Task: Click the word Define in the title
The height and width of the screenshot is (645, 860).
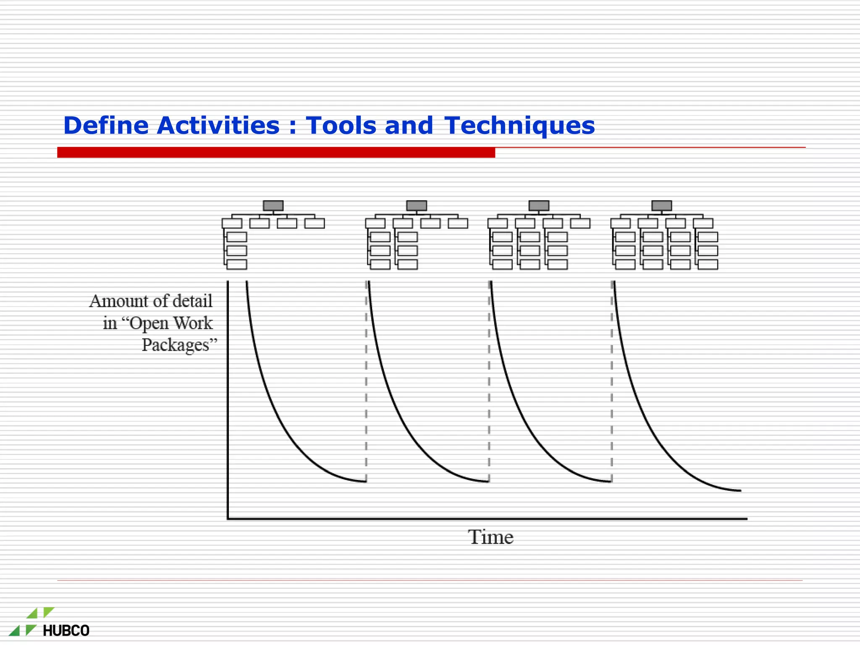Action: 106,126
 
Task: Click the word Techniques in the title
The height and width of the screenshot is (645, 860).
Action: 519,126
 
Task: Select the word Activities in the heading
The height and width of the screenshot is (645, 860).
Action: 218,126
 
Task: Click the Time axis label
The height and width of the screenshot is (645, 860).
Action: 490,537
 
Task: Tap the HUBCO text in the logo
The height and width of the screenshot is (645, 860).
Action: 66,631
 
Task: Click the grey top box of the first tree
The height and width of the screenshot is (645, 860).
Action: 273,206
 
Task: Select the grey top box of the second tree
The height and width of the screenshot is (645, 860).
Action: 416,206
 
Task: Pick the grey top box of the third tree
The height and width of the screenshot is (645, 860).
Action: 539,206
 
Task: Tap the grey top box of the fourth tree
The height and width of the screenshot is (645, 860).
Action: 661,206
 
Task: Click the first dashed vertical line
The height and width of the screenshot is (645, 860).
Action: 366,378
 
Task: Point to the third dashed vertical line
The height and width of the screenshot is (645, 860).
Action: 611,378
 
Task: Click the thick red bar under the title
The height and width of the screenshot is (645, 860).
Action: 276,152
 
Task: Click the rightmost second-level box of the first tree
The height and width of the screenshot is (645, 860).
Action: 315,223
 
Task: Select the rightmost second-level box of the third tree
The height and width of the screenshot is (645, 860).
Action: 580,223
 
